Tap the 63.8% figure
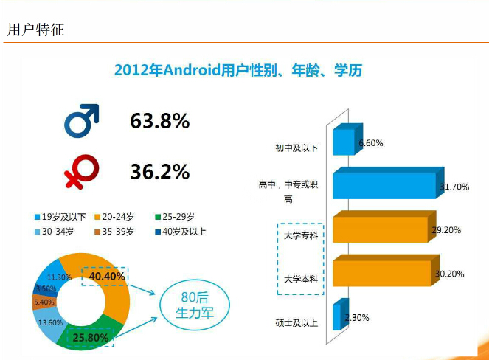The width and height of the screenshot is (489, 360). click(160, 121)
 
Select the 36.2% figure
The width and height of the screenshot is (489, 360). click(160, 172)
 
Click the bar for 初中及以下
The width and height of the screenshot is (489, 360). click(344, 141)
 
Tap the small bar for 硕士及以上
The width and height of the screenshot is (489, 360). click(336, 316)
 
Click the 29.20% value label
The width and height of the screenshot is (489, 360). click(446, 230)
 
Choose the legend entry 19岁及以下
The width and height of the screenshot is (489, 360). click(60, 217)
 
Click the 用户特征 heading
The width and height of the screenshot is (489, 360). click(35, 30)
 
